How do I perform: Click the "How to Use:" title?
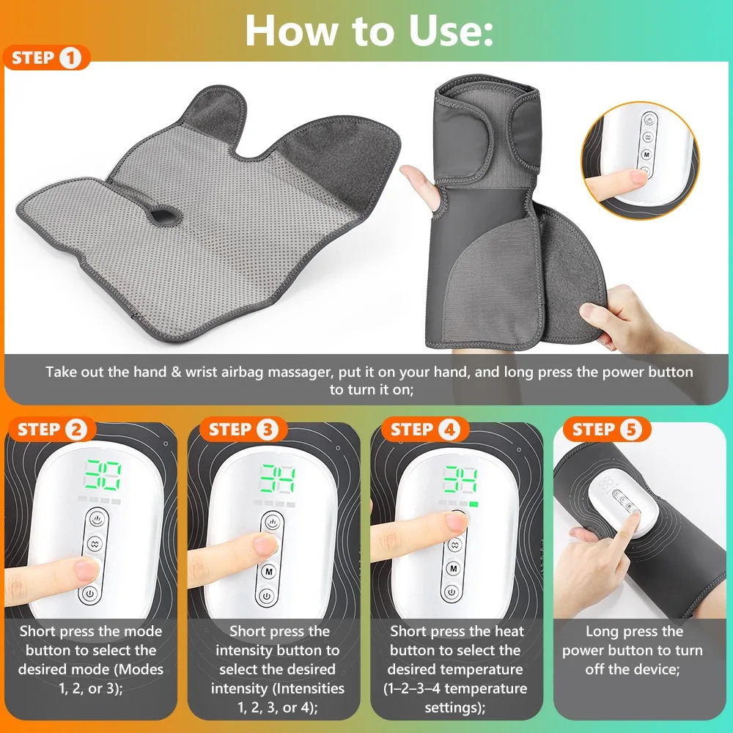tap(369, 30)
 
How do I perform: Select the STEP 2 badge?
tap(52, 429)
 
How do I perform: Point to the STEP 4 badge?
tap(425, 429)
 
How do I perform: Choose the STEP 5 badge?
tap(606, 429)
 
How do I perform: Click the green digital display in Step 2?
tap(103, 475)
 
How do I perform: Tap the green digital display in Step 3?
tap(278, 479)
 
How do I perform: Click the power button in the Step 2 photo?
tap(89, 594)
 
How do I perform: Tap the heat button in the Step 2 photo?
tap(97, 519)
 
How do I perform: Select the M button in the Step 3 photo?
tap(268, 571)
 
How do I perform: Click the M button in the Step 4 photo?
tap(453, 569)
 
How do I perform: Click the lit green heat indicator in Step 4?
tap(474, 504)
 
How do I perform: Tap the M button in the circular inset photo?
tap(647, 154)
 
